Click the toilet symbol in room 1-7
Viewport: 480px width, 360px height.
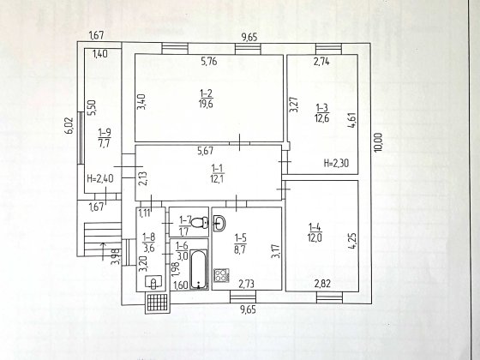(x=200, y=222)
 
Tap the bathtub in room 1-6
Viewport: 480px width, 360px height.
(x=198, y=269)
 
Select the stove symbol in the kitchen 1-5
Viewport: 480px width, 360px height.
(x=221, y=275)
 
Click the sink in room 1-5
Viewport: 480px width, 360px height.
(x=219, y=223)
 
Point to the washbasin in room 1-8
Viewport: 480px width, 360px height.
(x=153, y=282)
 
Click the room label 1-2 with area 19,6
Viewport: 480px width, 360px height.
(x=206, y=99)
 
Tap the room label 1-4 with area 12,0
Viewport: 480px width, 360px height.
(x=315, y=232)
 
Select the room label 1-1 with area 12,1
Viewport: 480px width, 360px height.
(x=217, y=173)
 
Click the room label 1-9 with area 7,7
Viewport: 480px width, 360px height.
(x=105, y=138)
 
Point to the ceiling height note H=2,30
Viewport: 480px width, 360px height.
(x=336, y=163)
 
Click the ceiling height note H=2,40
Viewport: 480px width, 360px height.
(x=100, y=178)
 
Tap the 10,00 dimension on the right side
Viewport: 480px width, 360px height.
(x=378, y=142)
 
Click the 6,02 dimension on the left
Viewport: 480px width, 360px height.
(x=69, y=126)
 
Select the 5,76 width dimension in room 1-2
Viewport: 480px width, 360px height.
(x=209, y=62)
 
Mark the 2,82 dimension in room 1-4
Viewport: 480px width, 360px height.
(x=322, y=284)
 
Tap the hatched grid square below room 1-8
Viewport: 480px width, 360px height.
(x=158, y=303)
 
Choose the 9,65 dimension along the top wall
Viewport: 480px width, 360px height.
(x=249, y=38)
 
